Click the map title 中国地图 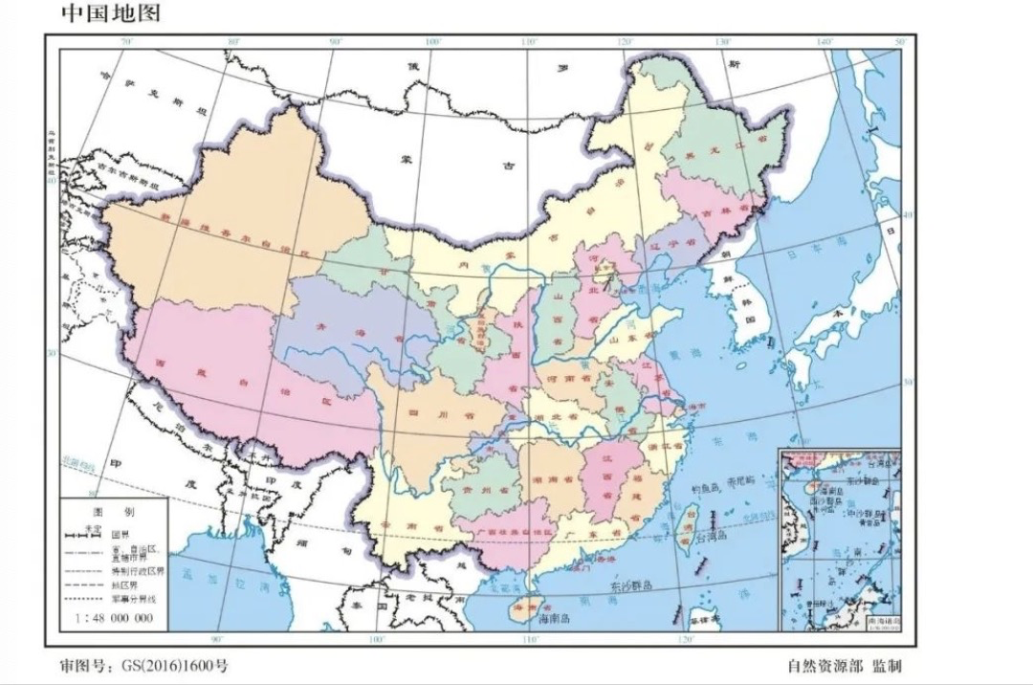(110, 13)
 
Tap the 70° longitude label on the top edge (125, 42)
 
